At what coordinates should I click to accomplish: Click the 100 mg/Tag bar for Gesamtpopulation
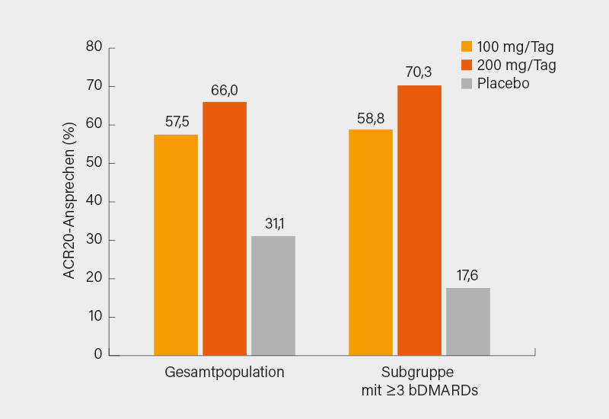tap(176, 245)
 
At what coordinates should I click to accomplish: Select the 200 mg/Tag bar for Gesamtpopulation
tap(225, 229)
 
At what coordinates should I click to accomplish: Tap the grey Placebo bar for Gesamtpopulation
tap(273, 296)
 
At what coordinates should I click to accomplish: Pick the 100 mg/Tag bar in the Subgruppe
tap(371, 242)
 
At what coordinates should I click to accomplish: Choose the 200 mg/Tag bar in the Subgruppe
tap(419, 220)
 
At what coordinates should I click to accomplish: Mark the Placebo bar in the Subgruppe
tap(468, 321)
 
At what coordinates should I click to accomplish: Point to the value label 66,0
tap(225, 90)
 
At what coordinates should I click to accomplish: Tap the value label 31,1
tap(273, 224)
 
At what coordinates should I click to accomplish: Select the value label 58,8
tap(371, 117)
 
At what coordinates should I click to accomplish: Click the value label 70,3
tap(419, 73)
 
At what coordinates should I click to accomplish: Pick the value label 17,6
tap(468, 276)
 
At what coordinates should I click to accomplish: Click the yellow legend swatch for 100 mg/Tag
tap(467, 46)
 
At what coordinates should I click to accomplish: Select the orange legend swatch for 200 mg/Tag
tap(467, 65)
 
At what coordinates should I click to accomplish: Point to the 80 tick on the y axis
tap(94, 47)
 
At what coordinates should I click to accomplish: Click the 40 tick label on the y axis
tap(94, 201)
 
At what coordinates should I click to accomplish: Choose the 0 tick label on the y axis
tap(98, 354)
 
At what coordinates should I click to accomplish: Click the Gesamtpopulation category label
tap(225, 373)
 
